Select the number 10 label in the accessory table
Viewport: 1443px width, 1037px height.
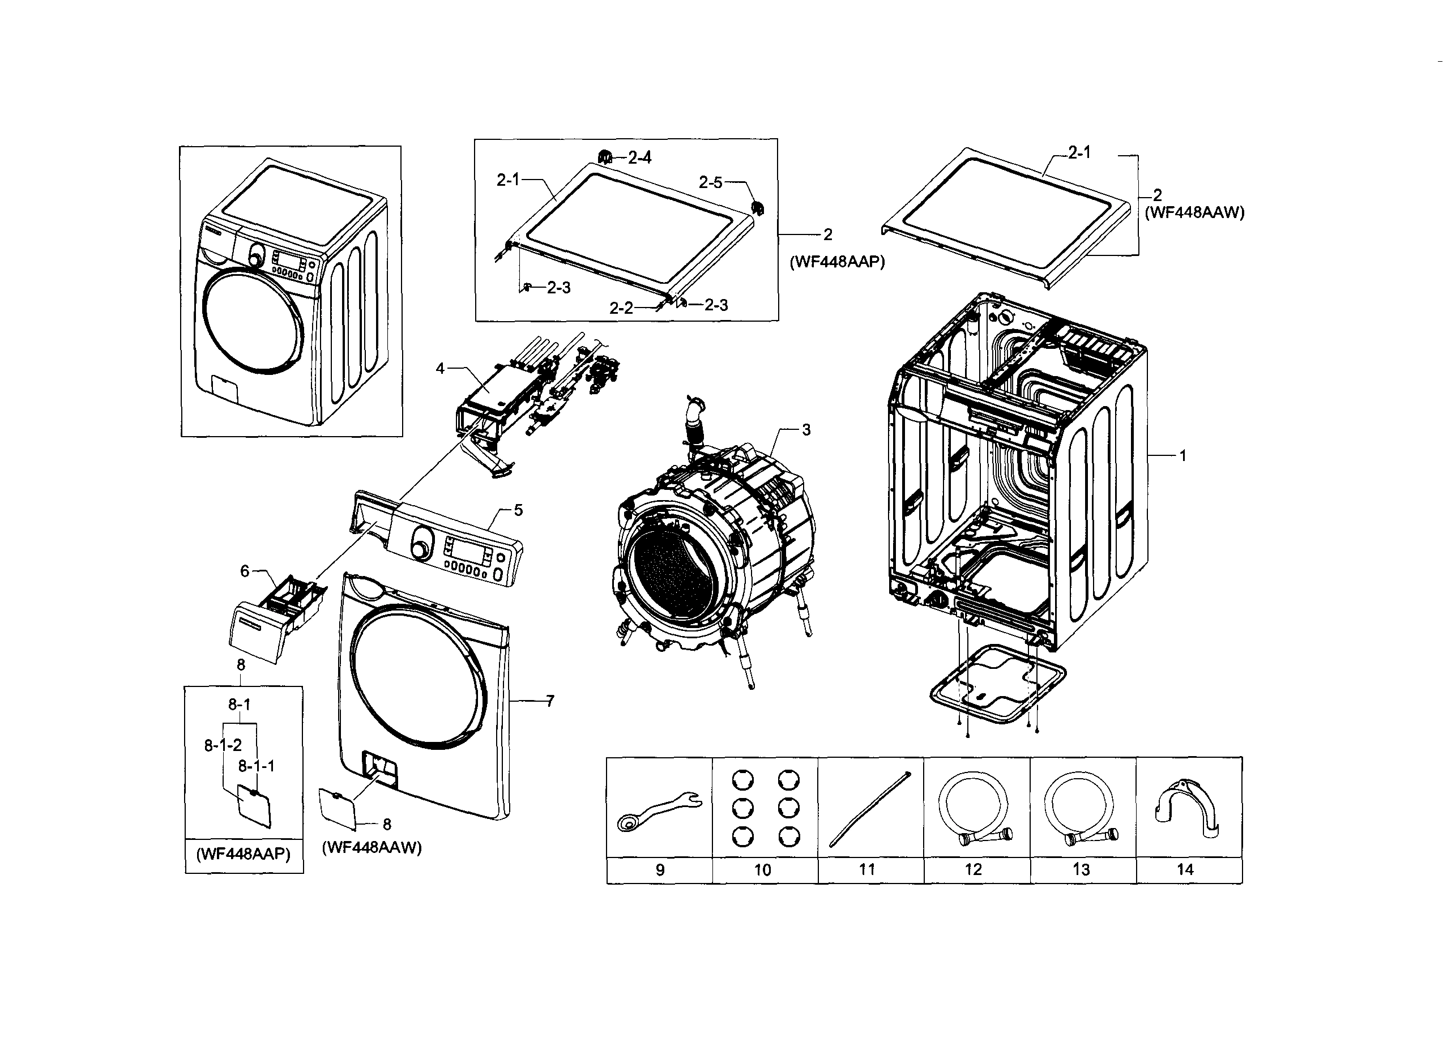762,870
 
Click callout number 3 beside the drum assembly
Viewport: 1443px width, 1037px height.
806,430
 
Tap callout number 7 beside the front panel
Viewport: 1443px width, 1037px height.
550,701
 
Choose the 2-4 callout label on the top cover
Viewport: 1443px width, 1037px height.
639,157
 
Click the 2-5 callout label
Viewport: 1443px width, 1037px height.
710,182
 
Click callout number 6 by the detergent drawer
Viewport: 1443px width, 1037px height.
244,571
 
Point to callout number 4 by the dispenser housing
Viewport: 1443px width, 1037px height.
439,368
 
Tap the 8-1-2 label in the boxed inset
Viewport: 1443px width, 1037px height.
223,745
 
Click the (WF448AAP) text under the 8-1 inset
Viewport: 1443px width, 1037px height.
243,854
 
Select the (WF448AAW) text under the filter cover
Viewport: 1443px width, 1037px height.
372,847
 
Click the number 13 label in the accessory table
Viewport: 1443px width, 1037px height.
1081,870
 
